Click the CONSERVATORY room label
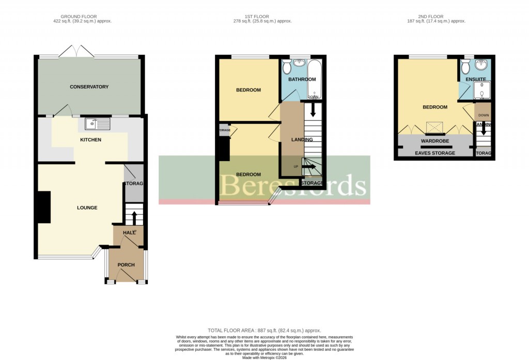(89, 87)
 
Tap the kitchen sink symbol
(94, 124)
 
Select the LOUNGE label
(87, 208)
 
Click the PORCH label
(126, 265)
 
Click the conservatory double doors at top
(76, 52)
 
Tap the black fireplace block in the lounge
(44, 207)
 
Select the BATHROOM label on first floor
(302, 80)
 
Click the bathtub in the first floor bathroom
(314, 79)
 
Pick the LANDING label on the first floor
(302, 139)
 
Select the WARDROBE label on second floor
(434, 140)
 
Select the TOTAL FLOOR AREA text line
(264, 330)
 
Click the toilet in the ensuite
(465, 67)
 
